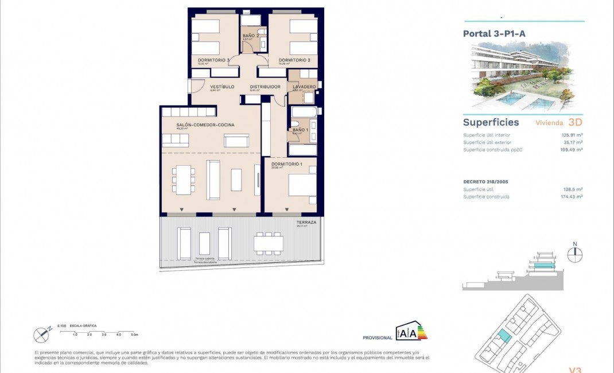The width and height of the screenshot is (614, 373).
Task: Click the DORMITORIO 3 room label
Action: coord(213,60)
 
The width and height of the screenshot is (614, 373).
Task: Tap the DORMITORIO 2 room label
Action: coord(294,60)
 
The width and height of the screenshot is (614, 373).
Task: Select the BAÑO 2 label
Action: coord(251,36)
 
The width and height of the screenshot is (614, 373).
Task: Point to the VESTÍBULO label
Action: coord(222,87)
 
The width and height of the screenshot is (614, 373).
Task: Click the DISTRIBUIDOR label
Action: coord(265,87)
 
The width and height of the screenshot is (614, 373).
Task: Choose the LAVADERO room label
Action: coord(304,87)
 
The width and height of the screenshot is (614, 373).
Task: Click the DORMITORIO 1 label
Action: coord(286,164)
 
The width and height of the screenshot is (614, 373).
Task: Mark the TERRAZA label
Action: coord(306,222)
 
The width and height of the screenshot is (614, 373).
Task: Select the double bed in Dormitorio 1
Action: coord(302,187)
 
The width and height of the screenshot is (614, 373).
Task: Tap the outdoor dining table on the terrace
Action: coord(268,243)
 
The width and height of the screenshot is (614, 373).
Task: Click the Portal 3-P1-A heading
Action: coord(494,33)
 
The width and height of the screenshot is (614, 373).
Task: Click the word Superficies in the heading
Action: coord(491,122)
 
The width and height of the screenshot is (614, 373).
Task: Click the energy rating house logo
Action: coord(411,331)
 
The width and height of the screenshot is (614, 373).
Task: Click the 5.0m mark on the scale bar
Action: coord(134,334)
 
